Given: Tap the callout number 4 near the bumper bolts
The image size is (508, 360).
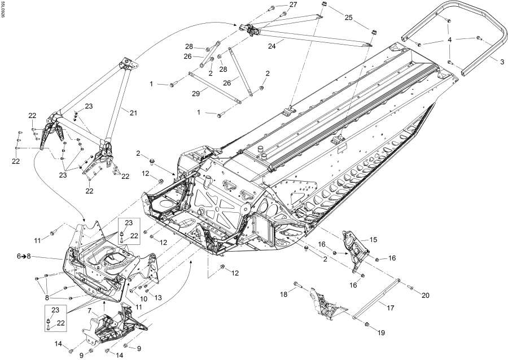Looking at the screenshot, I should tap(450, 40).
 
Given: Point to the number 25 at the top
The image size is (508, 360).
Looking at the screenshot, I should tap(348, 18).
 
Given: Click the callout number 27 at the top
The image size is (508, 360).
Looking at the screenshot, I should tap(293, 5).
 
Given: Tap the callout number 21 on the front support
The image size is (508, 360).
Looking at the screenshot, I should tap(134, 113).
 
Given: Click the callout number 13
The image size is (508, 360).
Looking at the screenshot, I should tap(157, 297).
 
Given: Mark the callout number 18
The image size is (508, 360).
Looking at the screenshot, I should tap(284, 295).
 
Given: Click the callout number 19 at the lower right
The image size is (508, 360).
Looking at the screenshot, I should tap(381, 333).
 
